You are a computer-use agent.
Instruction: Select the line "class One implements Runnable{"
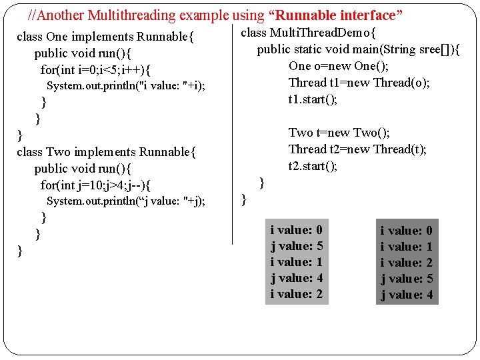pyautogui.click(x=105, y=37)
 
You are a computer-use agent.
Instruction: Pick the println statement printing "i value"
pyautogui.click(x=126, y=86)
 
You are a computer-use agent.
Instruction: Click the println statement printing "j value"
pyautogui.click(x=126, y=201)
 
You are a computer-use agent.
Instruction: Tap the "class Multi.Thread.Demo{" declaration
pyautogui.click(x=308, y=33)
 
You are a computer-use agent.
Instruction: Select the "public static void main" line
pyautogui.click(x=359, y=49)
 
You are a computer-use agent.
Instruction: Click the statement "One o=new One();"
pyautogui.click(x=339, y=66)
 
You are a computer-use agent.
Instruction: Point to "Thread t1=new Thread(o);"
pyautogui.click(x=359, y=83)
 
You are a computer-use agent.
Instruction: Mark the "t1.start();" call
pyautogui.click(x=313, y=99)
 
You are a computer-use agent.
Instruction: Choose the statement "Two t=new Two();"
pyautogui.click(x=339, y=133)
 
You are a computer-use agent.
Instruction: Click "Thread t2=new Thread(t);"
pyautogui.click(x=357, y=149)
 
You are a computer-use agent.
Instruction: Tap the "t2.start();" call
pyautogui.click(x=313, y=166)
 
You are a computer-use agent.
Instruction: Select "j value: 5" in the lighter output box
pyautogui.click(x=297, y=246)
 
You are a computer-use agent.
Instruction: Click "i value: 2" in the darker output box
pyautogui.click(x=406, y=263)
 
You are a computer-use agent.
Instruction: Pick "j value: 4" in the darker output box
pyautogui.click(x=406, y=295)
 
